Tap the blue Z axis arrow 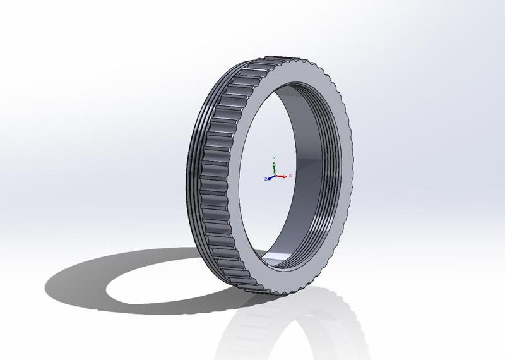tap(268, 178)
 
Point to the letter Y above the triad tap(273, 156)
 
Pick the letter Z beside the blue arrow tap(263, 179)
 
